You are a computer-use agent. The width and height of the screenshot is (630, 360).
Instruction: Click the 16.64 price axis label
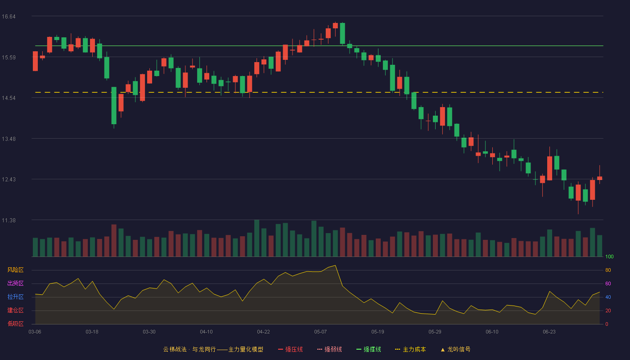pyautogui.click(x=9, y=17)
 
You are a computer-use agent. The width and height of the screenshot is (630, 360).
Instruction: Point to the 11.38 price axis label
pyautogui.click(x=9, y=220)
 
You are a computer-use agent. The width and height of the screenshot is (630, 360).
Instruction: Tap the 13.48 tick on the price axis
pyautogui.click(x=9, y=139)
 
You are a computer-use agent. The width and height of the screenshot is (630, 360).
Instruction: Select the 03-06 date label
pyautogui.click(x=35, y=332)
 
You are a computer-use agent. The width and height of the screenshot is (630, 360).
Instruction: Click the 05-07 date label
pyautogui.click(x=320, y=332)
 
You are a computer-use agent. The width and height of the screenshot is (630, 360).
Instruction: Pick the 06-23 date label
pyautogui.click(x=549, y=332)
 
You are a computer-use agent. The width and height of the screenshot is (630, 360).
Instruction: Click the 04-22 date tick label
pyautogui.click(x=264, y=332)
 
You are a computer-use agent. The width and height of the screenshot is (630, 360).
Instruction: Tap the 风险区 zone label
pyautogui.click(x=15, y=270)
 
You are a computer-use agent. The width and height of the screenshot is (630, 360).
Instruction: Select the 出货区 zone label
pyautogui.click(x=15, y=283)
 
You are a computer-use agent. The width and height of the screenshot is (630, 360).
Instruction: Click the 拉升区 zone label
pyautogui.click(x=15, y=297)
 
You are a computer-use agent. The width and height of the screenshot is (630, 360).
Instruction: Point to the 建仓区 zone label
pyautogui.click(x=15, y=310)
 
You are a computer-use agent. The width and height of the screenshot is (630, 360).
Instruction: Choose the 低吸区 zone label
pyautogui.click(x=15, y=324)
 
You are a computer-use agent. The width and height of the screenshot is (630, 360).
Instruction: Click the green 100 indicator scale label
pyautogui.click(x=609, y=256)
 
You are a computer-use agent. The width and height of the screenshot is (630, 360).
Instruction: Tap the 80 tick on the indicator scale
pyautogui.click(x=608, y=270)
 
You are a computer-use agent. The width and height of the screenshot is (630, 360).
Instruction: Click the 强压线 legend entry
pyautogui.click(x=290, y=349)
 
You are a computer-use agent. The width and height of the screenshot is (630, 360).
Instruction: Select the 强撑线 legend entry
pyautogui.click(x=369, y=349)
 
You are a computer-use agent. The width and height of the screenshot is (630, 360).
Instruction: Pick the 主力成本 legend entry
pyautogui.click(x=410, y=349)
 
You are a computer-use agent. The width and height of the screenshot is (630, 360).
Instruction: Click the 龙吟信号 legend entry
pyautogui.click(x=455, y=349)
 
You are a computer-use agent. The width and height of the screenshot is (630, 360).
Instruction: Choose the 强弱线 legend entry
pyautogui.click(x=329, y=349)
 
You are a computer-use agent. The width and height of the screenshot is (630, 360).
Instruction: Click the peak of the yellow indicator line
pyautogui.click(x=335, y=265)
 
